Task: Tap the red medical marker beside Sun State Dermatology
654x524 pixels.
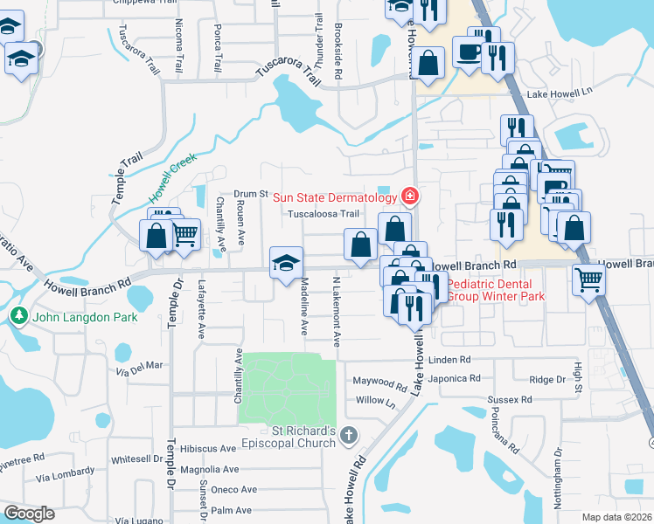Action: click(x=407, y=195)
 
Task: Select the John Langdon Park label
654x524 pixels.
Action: click(x=85, y=316)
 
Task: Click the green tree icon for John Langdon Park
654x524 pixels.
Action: click(x=17, y=315)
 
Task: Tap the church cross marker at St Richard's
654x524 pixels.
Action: click(x=349, y=434)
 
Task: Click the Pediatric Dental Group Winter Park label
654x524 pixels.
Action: click(x=496, y=290)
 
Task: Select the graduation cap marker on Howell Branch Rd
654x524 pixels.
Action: click(x=286, y=262)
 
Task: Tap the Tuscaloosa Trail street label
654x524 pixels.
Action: click(x=324, y=213)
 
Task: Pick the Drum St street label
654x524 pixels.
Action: click(x=250, y=193)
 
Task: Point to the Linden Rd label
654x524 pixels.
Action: click(x=449, y=360)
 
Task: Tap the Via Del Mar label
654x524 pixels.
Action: click(x=140, y=366)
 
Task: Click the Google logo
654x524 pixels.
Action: click(x=30, y=514)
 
